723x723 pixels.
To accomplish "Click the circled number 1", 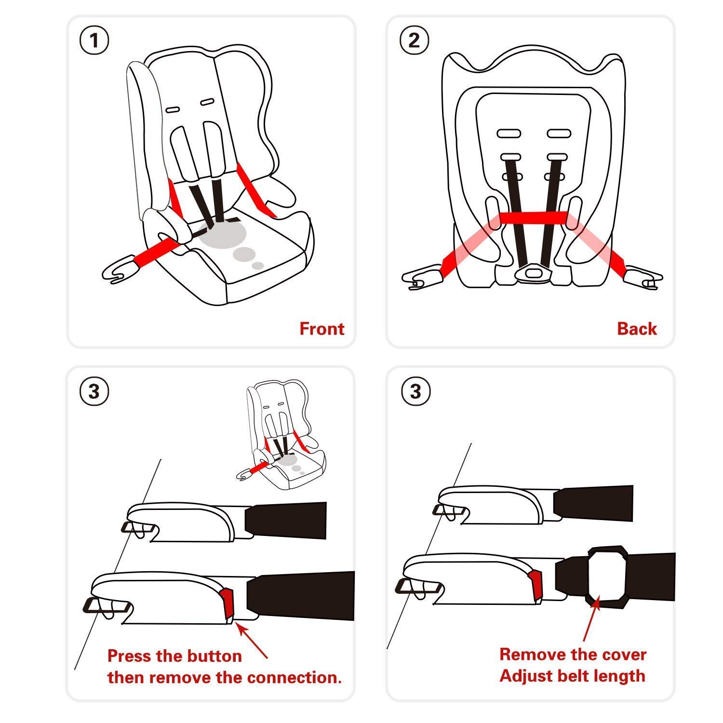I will tap(94, 40).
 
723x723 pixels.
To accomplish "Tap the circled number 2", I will tap(415, 40).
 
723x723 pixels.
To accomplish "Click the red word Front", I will tap(321, 329).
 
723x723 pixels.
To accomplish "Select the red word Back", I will tap(637, 329).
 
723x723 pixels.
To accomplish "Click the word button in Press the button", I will tap(214, 656).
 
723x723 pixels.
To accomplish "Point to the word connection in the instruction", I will tap(296, 677).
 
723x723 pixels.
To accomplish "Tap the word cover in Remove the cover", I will tap(623, 655).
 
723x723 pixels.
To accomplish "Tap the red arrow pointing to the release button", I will tap(252, 641).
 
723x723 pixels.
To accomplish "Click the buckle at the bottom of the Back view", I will tap(532, 273).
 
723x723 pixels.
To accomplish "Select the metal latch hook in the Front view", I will tap(118, 272).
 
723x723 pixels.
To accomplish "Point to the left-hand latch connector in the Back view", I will tap(421, 278).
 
